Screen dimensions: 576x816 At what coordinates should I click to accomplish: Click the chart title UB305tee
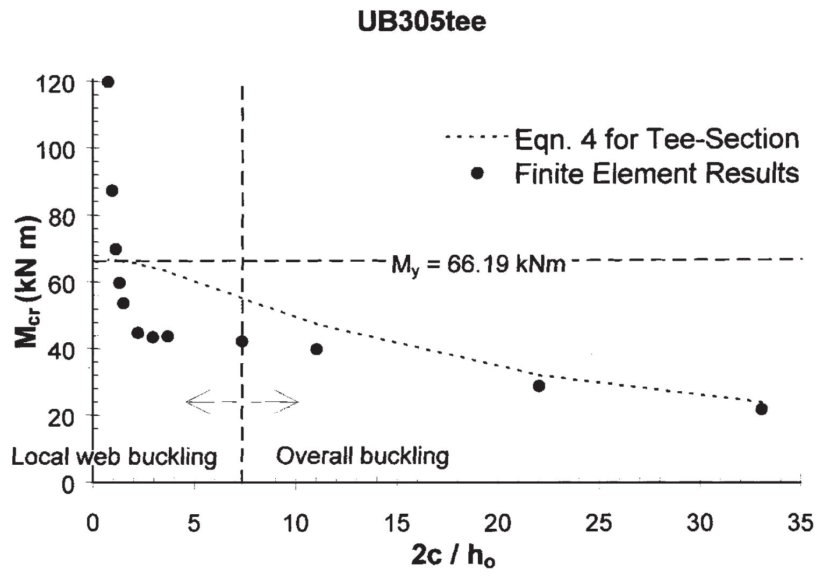point(421,21)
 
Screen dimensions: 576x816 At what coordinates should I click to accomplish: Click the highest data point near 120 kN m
point(108,82)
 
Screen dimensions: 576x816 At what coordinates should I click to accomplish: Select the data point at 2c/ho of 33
point(761,409)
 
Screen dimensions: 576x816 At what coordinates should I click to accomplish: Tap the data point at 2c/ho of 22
point(539,386)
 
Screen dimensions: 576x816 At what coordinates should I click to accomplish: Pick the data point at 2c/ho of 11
point(317,349)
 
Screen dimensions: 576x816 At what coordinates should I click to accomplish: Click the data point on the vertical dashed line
point(242,341)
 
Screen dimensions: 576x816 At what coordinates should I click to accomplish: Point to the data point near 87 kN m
point(112,191)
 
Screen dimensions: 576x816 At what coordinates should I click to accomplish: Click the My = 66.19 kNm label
point(478,265)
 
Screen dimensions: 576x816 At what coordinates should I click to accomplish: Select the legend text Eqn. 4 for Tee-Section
point(656,139)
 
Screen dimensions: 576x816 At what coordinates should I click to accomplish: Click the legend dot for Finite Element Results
point(477,173)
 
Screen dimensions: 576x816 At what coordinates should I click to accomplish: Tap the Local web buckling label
point(114,457)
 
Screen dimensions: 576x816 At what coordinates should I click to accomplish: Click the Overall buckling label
point(362,456)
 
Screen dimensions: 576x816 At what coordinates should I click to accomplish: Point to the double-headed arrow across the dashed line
point(242,401)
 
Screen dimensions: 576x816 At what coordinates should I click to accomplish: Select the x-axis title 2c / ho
point(453,557)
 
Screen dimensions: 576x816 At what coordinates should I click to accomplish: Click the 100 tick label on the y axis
point(54,148)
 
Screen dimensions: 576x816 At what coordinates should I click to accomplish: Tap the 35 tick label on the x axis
point(800,522)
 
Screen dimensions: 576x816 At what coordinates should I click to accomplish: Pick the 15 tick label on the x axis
point(396,522)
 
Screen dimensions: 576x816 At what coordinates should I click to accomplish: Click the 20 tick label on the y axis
point(61,416)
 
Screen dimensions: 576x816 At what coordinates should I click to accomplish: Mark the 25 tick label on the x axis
point(598,522)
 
